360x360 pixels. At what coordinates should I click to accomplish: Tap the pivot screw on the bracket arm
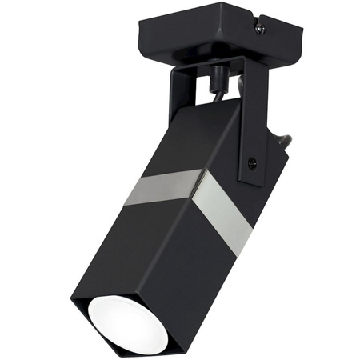pos(253,163)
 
